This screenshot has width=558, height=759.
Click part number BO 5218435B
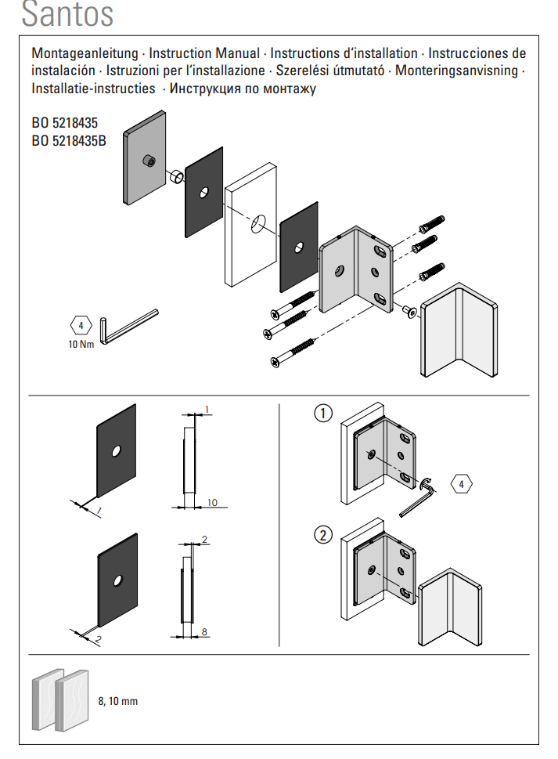(69, 142)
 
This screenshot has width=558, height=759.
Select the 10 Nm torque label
(81, 344)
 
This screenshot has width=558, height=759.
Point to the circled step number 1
(323, 413)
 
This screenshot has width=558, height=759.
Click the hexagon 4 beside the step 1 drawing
(462, 483)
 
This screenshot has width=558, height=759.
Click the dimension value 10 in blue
(214, 502)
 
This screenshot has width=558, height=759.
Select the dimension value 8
(205, 631)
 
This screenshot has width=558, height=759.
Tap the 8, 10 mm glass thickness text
(118, 701)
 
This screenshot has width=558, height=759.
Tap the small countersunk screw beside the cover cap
(409, 312)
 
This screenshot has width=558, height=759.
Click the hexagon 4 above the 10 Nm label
(81, 324)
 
